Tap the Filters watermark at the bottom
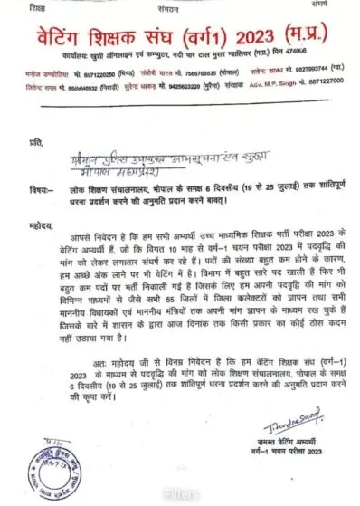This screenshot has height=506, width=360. pyautogui.click(x=180, y=495)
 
